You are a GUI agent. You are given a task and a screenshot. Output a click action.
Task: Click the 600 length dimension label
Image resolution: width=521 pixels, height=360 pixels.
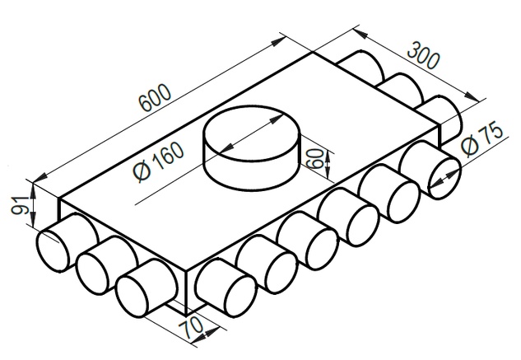156,97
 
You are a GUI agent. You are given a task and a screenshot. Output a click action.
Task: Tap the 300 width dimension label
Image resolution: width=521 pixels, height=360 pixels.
424,55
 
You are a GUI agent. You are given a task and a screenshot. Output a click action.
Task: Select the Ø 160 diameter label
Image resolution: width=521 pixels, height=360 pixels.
159,161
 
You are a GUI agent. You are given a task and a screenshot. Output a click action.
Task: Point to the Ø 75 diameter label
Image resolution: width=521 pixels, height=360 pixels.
483,138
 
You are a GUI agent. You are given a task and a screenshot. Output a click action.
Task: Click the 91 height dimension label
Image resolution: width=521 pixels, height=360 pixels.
19,205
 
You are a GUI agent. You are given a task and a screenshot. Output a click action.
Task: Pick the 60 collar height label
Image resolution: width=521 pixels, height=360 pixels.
314,159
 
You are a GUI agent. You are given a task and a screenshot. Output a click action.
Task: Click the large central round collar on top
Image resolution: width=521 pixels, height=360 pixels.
252,148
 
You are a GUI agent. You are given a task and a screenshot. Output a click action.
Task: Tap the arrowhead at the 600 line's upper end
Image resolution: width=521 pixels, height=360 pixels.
278,42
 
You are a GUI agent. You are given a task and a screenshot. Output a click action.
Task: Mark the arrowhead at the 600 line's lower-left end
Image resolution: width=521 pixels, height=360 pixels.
40,178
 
